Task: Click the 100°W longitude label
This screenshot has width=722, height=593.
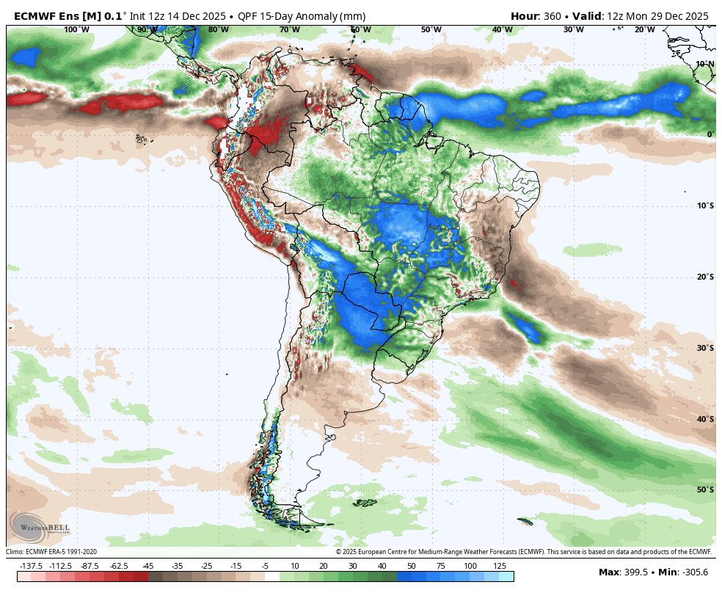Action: [x=76, y=29]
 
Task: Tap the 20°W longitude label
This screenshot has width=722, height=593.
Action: [x=644, y=29]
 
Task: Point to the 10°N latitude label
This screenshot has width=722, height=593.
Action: [x=705, y=64]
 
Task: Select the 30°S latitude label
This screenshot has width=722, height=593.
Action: [x=705, y=348]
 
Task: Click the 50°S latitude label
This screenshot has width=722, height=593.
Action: [x=705, y=490]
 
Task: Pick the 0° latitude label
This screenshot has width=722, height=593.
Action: [x=710, y=134]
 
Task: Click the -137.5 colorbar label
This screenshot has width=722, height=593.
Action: [x=32, y=566]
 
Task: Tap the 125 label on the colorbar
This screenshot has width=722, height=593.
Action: [x=499, y=566]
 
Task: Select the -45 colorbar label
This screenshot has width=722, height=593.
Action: [x=148, y=566]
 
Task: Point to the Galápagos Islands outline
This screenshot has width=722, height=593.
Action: [x=140, y=138]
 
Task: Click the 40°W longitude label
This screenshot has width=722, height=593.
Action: [x=502, y=29]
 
